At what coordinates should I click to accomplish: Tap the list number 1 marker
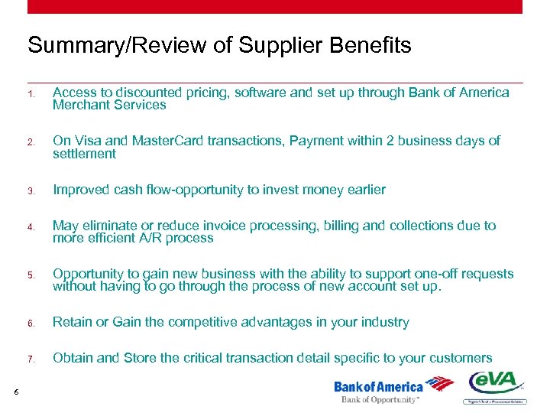[x=31, y=94]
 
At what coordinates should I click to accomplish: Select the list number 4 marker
[x=31, y=227]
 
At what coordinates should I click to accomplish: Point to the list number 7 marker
[x=31, y=359]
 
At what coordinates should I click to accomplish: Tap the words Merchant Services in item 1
[x=109, y=106]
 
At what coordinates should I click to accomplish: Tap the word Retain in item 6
[x=71, y=322]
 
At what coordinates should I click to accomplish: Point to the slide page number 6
[x=16, y=392]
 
